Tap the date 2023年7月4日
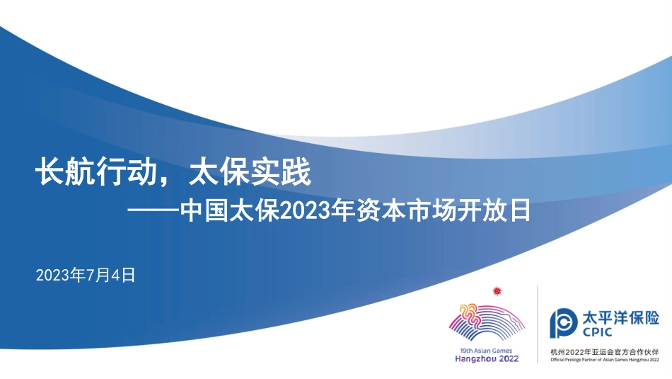[x=85, y=274]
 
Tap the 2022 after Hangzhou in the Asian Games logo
[x=507, y=358]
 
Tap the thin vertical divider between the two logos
[x=538, y=324]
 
